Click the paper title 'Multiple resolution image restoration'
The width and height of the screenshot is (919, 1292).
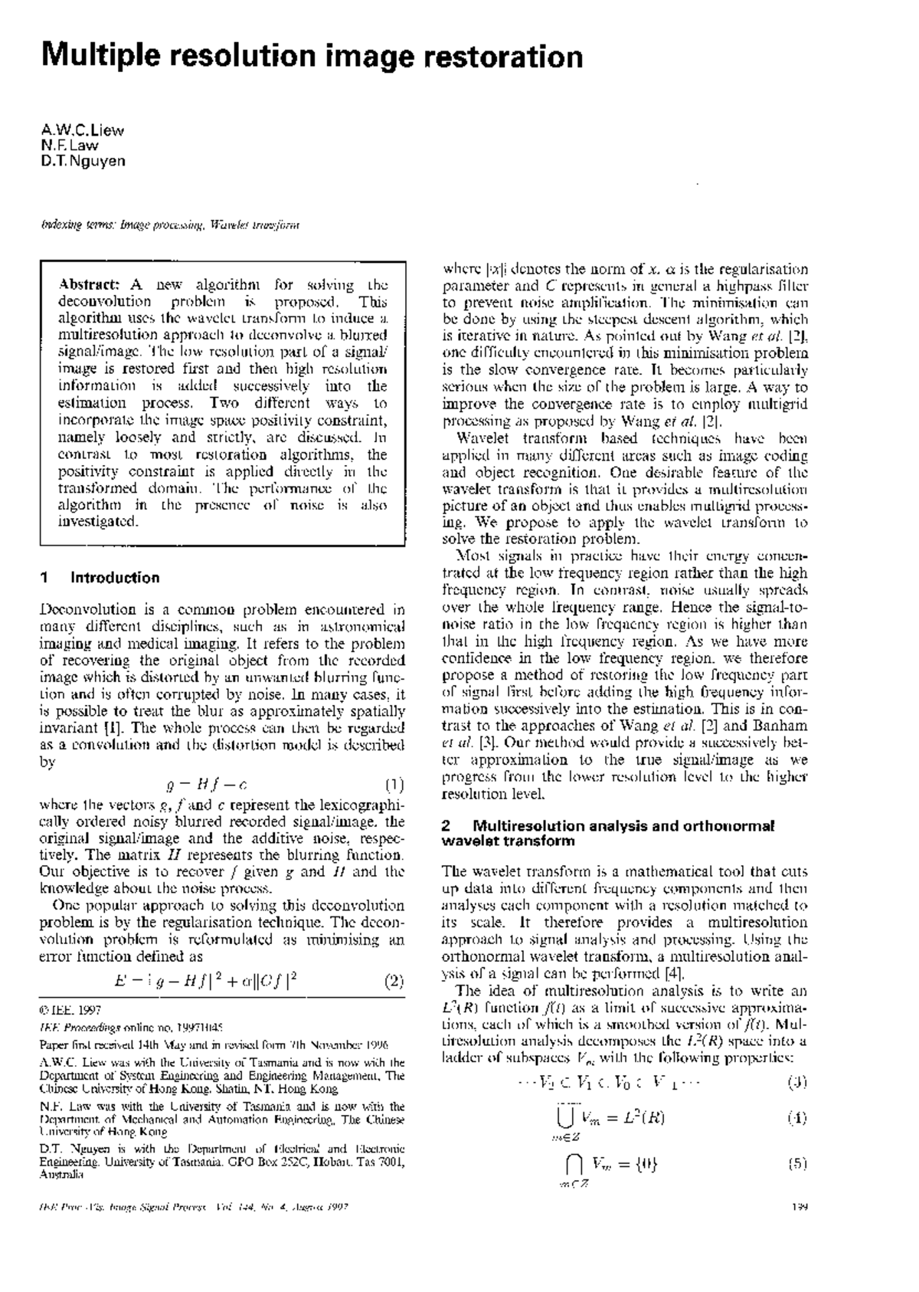[x=312, y=57]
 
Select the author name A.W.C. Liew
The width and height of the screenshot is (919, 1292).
[x=83, y=130]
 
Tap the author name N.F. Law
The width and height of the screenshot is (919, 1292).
[x=70, y=146]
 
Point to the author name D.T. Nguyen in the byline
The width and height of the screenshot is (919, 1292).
[x=83, y=161]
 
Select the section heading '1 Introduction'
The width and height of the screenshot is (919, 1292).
[x=100, y=578]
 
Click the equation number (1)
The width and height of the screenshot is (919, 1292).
[x=394, y=785]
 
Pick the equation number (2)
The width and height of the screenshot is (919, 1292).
[x=394, y=982]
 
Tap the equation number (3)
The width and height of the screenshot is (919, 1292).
[x=797, y=1084]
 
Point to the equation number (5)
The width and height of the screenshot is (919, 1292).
[x=797, y=1164]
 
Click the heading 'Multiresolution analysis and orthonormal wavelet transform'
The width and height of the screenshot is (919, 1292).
[x=609, y=834]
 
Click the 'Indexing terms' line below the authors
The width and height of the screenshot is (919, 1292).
[x=170, y=225]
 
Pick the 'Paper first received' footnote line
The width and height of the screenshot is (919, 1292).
[x=214, y=1044]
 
